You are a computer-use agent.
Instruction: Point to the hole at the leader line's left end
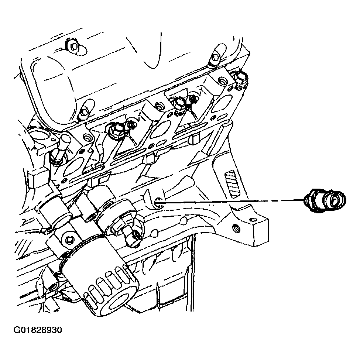pos(158,202)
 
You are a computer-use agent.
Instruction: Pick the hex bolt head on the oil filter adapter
pos(69,240)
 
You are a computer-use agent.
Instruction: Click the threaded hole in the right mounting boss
pos(233,226)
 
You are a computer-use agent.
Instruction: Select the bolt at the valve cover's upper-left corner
pos(72,46)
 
